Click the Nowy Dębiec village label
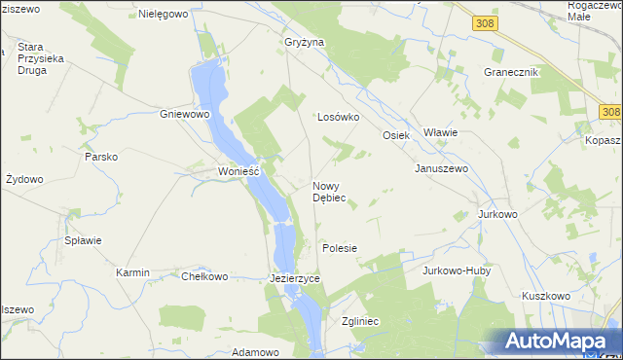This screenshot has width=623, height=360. (x=328, y=192)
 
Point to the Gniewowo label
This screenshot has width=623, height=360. (x=185, y=114)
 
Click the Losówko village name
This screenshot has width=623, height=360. (x=339, y=117)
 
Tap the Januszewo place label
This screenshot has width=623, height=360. (x=442, y=168)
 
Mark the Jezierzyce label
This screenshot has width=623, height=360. (x=294, y=278)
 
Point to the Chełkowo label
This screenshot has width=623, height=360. (x=204, y=276)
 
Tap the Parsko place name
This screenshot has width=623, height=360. (x=101, y=157)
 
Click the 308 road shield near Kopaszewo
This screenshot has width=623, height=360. (x=610, y=113)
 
